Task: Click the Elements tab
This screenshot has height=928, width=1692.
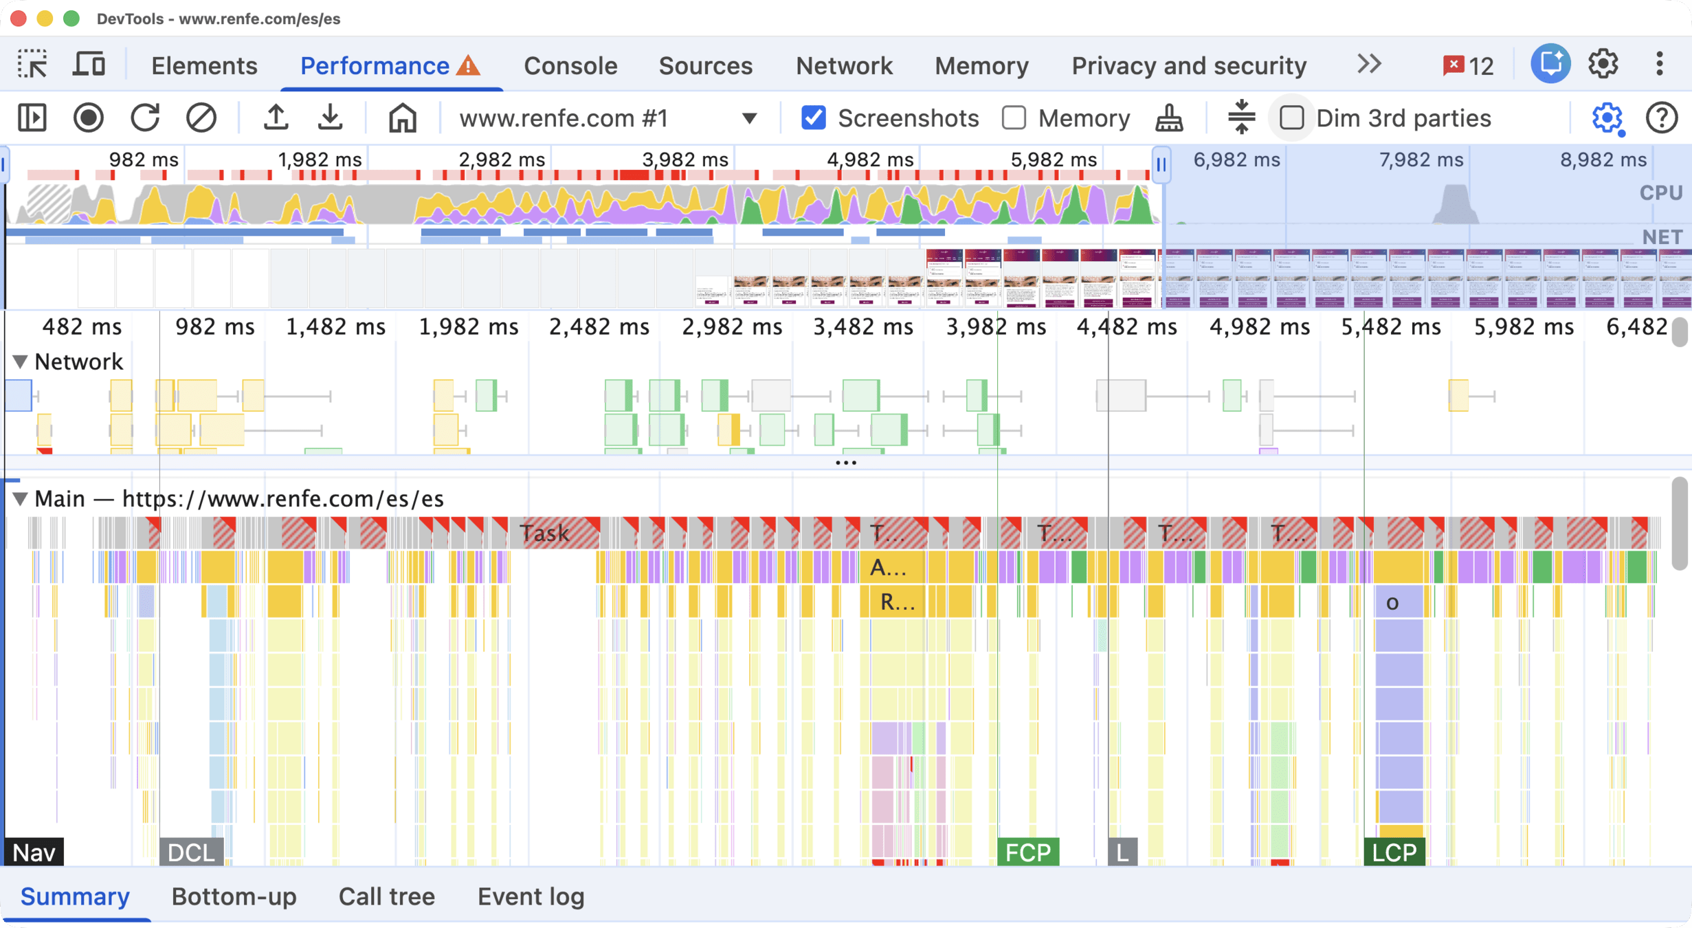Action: [x=204, y=65]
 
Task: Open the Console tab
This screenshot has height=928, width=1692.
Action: [x=570, y=65]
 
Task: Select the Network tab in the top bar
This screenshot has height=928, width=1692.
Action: [x=844, y=65]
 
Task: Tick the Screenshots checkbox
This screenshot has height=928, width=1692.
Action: [x=814, y=118]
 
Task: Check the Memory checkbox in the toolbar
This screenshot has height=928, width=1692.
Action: [x=1014, y=118]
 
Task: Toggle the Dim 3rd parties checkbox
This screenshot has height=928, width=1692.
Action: [x=1291, y=118]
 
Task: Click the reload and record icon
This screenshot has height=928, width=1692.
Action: [x=145, y=118]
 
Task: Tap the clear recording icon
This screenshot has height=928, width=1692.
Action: [x=201, y=118]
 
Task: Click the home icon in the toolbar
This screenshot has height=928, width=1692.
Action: [x=402, y=118]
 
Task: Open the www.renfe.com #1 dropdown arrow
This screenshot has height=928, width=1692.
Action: [x=750, y=118]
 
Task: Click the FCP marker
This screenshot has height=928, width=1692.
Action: [x=1027, y=852]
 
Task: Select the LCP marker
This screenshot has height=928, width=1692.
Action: [x=1394, y=852]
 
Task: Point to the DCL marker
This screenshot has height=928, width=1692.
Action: [x=191, y=852]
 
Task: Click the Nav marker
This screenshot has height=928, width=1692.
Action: [x=34, y=852]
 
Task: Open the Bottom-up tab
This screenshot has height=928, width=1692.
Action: [x=234, y=896]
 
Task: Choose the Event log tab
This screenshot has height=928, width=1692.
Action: [x=531, y=896]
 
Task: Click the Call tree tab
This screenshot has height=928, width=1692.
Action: [x=386, y=896]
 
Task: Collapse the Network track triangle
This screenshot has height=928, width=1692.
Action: [x=20, y=362]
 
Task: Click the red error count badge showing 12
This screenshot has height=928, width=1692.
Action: [x=1468, y=65]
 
